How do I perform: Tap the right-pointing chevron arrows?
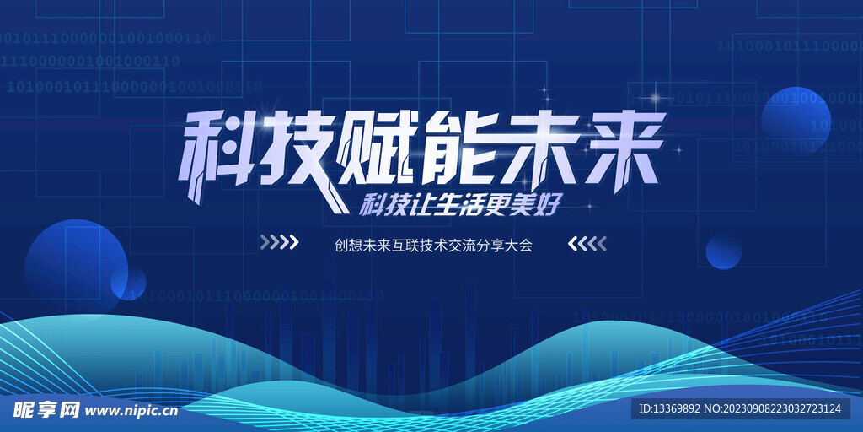(x=279, y=243)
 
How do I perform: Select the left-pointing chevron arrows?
(x=587, y=244)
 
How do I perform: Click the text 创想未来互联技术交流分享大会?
(x=433, y=244)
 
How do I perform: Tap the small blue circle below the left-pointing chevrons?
(x=723, y=251)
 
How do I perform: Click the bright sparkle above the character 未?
(x=544, y=90)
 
